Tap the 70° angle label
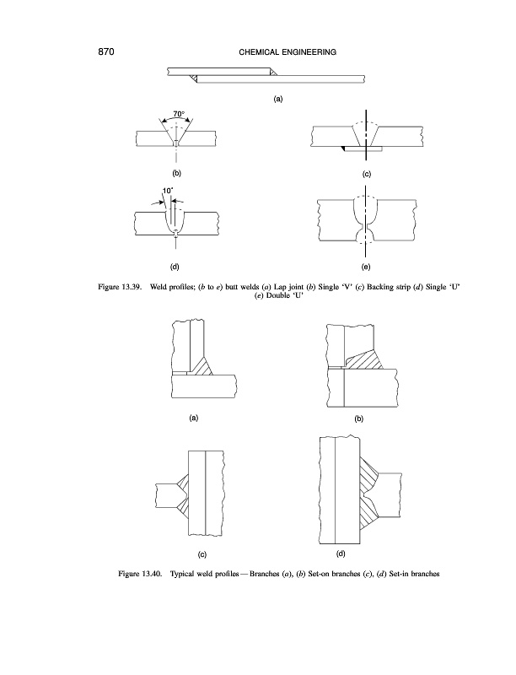click(179, 112)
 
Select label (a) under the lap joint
click(277, 99)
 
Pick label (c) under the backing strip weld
click(367, 173)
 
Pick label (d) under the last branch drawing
click(341, 553)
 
